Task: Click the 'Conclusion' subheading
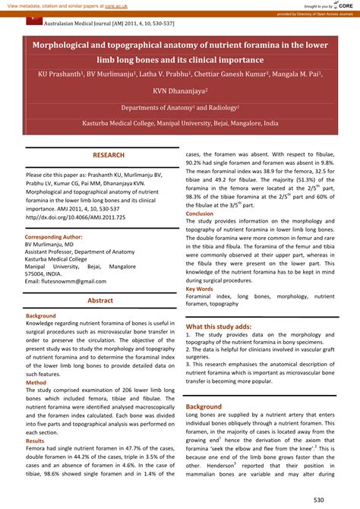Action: click(x=200, y=214)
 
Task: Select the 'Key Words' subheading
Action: click(x=200, y=289)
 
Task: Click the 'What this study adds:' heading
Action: click(x=219, y=326)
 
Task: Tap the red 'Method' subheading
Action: click(x=36, y=382)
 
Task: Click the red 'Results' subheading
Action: click(x=35, y=441)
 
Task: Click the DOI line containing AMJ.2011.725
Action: click(x=65, y=217)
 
